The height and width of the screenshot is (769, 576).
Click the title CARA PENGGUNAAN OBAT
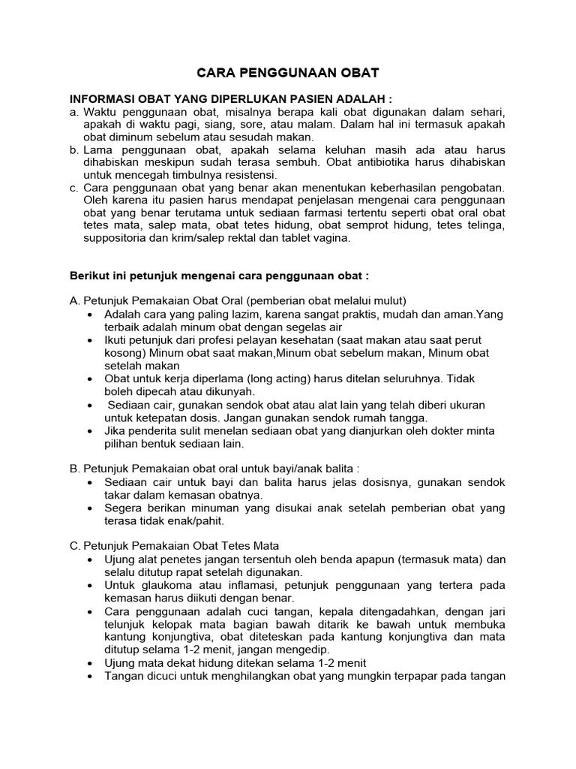(x=288, y=73)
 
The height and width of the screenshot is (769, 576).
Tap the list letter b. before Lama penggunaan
(x=74, y=150)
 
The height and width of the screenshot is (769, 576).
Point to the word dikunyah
(x=229, y=391)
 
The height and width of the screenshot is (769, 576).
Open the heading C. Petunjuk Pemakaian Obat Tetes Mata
(x=174, y=547)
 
